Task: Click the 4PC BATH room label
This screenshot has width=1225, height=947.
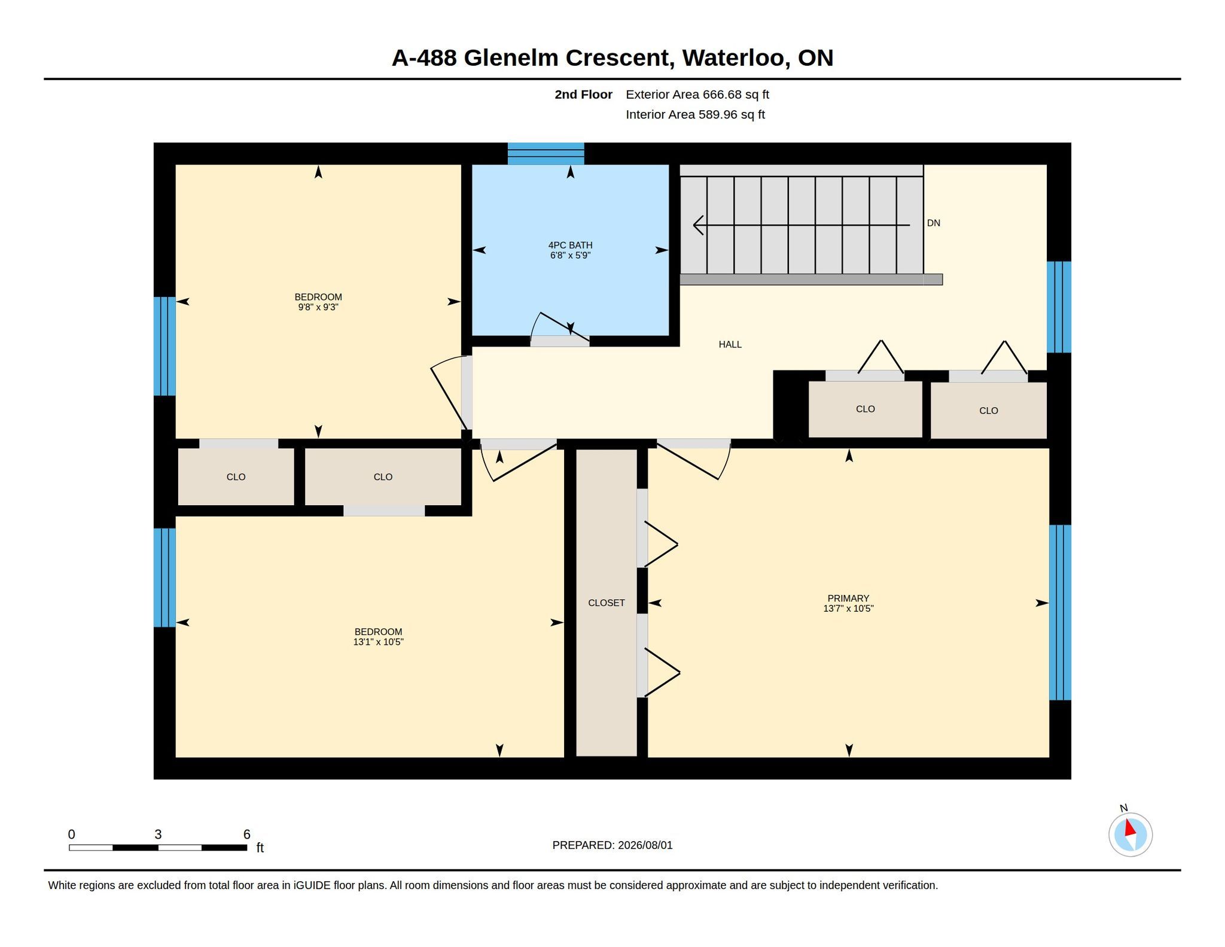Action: (570, 245)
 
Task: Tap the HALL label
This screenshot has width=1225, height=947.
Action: (730, 344)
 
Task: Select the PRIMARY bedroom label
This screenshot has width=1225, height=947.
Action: (848, 598)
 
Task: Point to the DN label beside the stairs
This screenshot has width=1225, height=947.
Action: (933, 223)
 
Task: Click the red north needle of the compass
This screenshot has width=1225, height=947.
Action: (1129, 828)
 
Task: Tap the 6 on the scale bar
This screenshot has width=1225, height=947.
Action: (246, 834)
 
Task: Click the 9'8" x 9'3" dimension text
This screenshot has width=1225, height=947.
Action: (318, 307)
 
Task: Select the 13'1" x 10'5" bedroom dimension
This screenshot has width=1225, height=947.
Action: (378, 642)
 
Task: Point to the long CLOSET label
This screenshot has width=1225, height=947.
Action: (606, 603)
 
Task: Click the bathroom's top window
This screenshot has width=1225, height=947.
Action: (546, 153)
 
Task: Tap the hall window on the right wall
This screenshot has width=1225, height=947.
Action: (1059, 306)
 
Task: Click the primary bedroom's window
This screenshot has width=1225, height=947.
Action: (1060, 612)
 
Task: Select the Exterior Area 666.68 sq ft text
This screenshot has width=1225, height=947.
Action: (697, 95)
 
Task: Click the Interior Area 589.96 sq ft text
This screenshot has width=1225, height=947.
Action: (695, 114)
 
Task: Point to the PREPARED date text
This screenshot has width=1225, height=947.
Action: (612, 845)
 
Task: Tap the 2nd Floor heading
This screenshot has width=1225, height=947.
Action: (583, 95)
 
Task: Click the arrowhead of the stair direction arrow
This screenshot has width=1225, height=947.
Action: (697, 225)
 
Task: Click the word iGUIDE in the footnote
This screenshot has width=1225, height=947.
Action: (312, 885)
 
